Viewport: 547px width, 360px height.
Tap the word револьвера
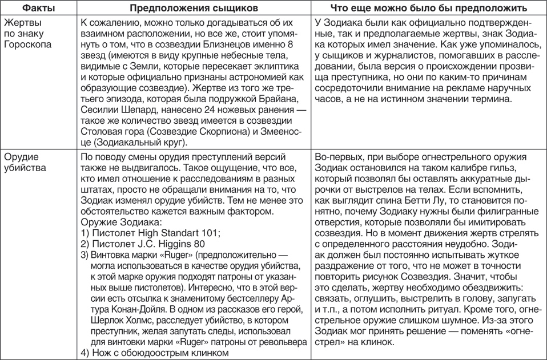pos(278,342)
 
